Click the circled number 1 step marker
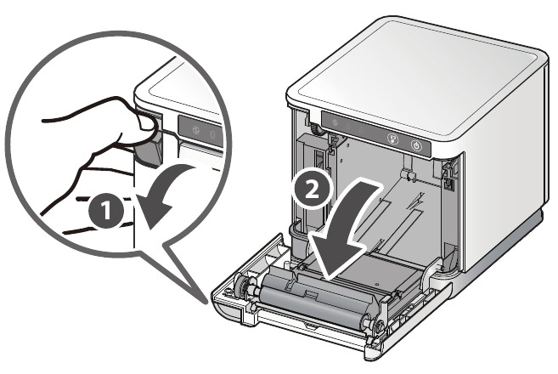106,211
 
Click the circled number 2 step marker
312,190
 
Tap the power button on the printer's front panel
417,145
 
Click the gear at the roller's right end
377,325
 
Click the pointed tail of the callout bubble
206,303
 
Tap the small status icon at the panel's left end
335,122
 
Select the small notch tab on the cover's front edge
310,325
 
